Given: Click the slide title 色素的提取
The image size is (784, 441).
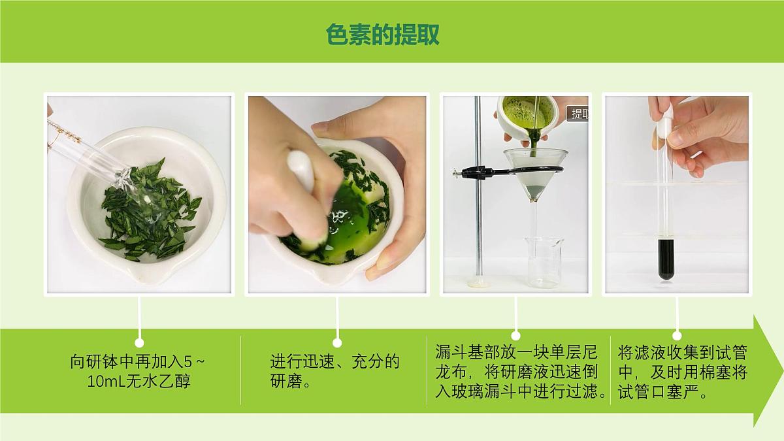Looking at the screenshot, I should (383, 34).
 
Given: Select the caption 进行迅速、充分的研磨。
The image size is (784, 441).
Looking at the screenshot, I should (335, 371).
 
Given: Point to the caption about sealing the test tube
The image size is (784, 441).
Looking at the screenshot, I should (682, 372).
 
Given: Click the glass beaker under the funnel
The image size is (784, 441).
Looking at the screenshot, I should (544, 262).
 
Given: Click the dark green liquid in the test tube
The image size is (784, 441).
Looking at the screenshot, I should (666, 259).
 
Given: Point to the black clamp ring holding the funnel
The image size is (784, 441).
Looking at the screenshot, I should (483, 172).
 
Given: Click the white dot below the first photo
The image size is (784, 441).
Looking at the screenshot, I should (139, 342).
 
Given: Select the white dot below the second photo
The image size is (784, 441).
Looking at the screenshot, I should (337, 342).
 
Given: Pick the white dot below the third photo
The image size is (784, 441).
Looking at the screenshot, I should (515, 336).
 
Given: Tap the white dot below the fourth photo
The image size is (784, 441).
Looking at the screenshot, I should (677, 336).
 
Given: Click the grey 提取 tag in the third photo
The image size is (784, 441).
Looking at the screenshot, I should (579, 114).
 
